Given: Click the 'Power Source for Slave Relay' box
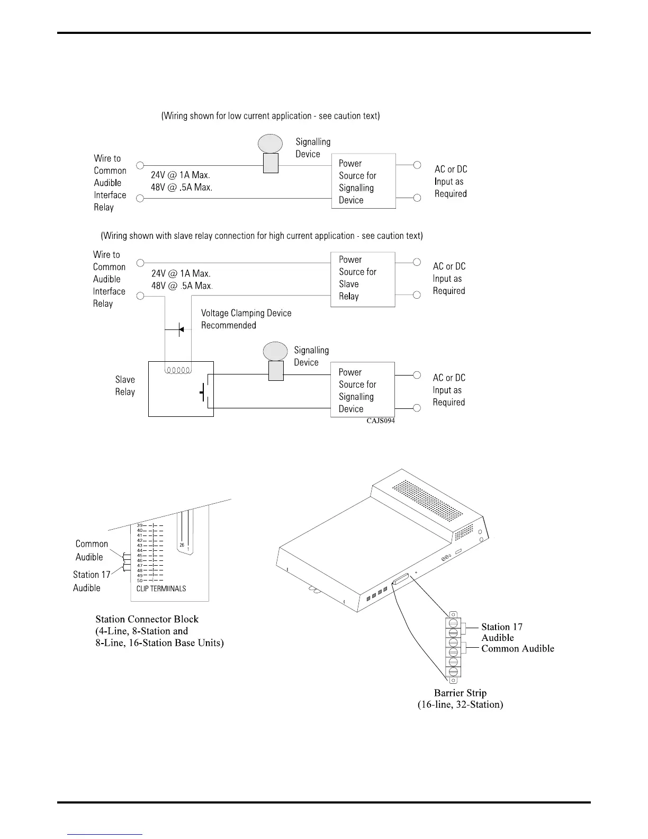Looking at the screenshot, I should [363, 279].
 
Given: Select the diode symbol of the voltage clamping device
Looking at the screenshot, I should [180, 329].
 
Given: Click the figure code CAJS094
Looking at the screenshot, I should [380, 421].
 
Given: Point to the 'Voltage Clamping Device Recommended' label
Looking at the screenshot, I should [246, 319].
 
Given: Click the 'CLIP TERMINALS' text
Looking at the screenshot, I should [161, 588].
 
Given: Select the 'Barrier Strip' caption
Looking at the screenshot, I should [460, 693].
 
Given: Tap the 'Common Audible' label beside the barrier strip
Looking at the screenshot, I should [517, 648].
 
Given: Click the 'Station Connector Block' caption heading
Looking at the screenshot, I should [147, 619].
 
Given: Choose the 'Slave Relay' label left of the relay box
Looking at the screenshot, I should [125, 386].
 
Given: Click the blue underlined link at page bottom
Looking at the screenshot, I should [105, 834].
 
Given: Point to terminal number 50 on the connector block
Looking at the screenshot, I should [140, 581].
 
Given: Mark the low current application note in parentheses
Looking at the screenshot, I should [271, 115].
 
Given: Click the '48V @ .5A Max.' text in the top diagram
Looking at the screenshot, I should [181, 187].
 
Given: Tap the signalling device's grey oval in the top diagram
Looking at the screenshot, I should [270, 144].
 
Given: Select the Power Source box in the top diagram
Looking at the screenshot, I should [363, 181].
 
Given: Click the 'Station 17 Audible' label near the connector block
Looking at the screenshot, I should [91, 581].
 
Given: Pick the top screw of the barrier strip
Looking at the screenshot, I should [453, 622].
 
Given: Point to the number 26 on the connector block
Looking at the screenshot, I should [182, 545].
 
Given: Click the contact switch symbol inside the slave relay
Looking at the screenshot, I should [205, 392].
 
